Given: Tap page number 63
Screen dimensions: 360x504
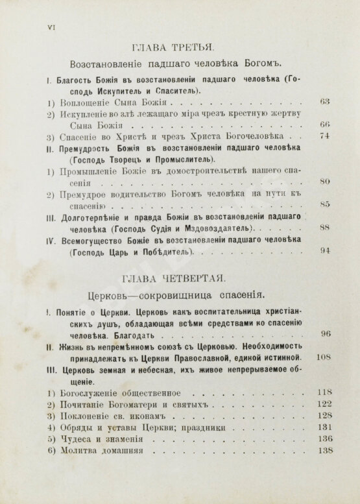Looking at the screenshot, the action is click(x=326, y=101).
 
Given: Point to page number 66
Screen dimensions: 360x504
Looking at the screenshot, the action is click(x=326, y=124).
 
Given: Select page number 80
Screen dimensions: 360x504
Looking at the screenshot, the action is click(x=326, y=181).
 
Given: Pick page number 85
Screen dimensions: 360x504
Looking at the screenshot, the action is click(x=326, y=204).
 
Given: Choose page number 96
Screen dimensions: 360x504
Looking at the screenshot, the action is click(x=326, y=333).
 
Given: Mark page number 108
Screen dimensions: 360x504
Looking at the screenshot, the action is click(x=323, y=357).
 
